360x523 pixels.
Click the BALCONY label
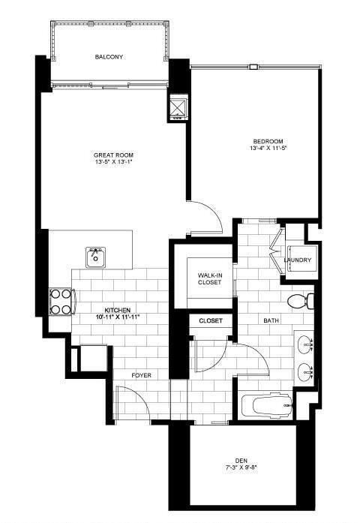(109, 57)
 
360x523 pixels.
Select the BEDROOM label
(267, 141)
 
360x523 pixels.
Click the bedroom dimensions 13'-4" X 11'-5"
(267, 149)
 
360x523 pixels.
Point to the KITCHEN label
(118, 310)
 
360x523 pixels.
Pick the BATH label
(271, 320)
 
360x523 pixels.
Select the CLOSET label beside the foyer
(211, 320)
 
